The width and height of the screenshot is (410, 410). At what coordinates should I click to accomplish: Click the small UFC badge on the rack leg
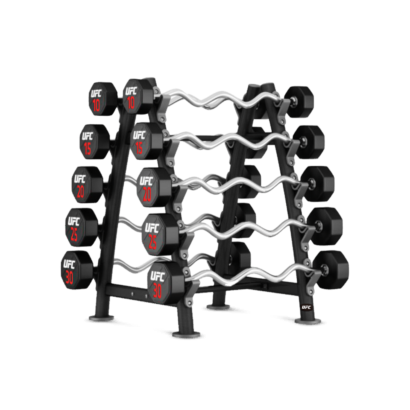306,307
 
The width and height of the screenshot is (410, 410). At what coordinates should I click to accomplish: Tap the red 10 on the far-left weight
96,106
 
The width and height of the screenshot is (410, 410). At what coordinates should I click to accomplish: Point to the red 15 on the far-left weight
87,149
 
